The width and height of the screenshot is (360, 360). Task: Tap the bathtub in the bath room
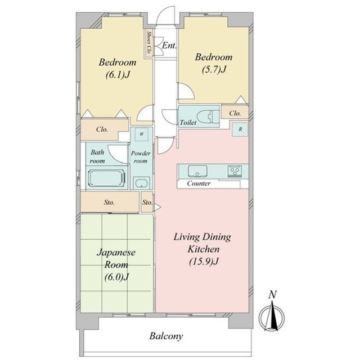(107, 178)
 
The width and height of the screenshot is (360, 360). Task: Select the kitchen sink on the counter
(197, 171)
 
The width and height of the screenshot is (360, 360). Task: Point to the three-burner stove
(235, 171)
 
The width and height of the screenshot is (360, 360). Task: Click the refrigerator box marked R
(240, 129)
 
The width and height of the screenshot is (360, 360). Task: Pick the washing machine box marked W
(141, 134)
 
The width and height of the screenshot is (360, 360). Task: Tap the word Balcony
(166, 336)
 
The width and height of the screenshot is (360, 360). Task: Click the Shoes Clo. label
(149, 43)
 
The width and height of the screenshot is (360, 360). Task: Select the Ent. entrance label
(169, 46)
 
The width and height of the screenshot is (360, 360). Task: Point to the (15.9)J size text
(203, 261)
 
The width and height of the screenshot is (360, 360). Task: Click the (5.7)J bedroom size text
(214, 69)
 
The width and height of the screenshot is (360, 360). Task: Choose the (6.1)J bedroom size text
(118, 75)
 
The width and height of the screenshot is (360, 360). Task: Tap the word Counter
(199, 183)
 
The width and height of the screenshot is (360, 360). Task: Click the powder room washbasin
(141, 183)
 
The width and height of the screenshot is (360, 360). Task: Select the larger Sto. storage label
(109, 202)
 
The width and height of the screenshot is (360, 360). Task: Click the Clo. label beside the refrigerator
(235, 113)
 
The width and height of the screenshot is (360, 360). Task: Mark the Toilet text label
(188, 123)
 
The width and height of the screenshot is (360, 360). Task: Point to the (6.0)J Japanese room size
(116, 277)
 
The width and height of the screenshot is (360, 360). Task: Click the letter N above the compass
(272, 295)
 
